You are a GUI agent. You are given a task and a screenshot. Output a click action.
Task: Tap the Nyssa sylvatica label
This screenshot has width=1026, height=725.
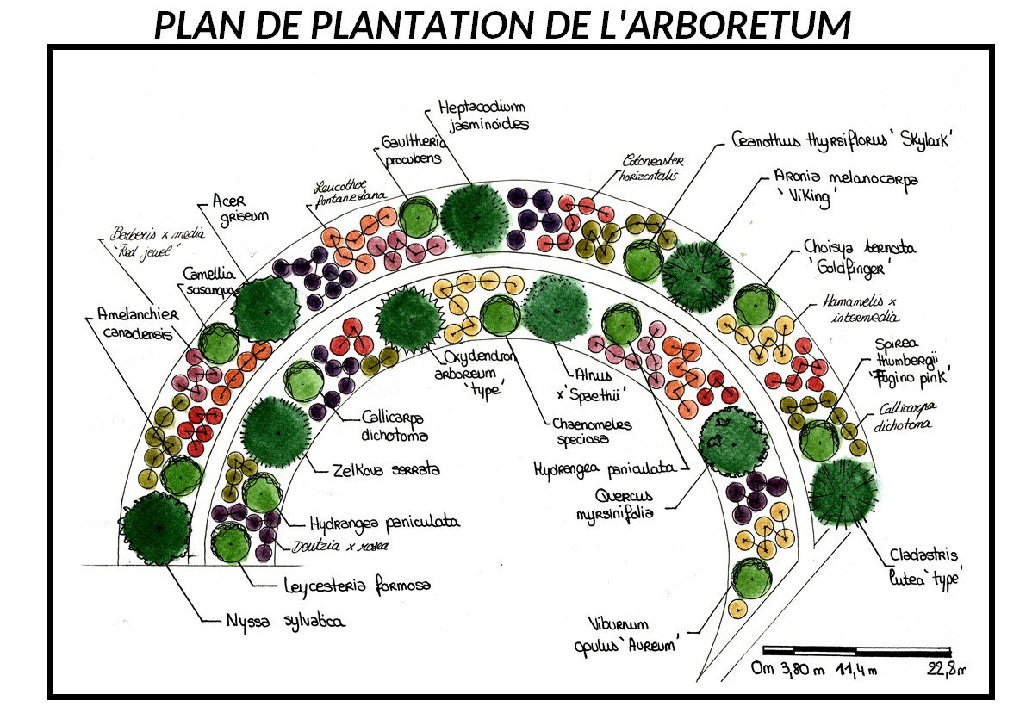tap(286, 619)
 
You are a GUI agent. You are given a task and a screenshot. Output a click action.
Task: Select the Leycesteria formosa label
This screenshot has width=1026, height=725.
tap(357, 586)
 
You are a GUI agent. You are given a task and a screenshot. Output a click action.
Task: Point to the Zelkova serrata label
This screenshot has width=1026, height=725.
tap(386, 470)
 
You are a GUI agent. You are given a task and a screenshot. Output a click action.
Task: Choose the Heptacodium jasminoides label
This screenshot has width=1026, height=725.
tap(481, 115)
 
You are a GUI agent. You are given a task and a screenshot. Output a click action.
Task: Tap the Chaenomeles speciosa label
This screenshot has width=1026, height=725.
tap(593, 431)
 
